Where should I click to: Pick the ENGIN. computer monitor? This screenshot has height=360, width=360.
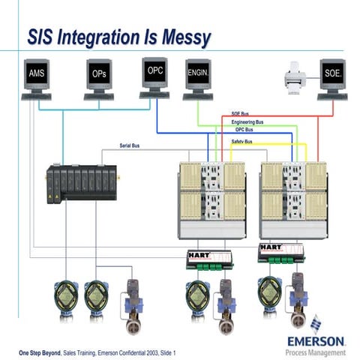(x=197, y=75)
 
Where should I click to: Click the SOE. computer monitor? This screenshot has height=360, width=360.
(x=333, y=76)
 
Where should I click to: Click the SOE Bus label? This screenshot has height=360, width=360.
(x=241, y=114)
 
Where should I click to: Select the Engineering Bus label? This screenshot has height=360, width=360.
(x=247, y=121)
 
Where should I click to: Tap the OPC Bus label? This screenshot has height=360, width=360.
(x=244, y=129)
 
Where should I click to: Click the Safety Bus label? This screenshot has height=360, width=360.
(x=241, y=141)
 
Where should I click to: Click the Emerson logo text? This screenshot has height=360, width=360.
(x=316, y=340)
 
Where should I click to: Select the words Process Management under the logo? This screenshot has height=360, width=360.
(x=316, y=352)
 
